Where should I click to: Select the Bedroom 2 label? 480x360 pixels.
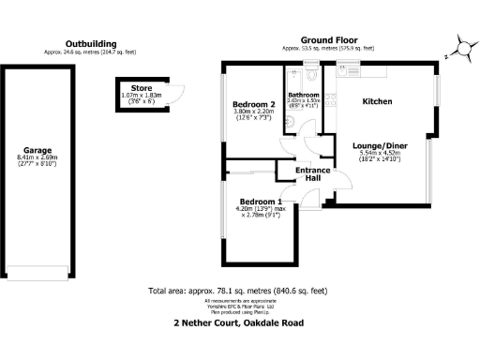coord(253,104)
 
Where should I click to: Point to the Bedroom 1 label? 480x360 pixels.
coord(262,202)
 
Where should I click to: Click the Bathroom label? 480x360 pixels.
coord(305,95)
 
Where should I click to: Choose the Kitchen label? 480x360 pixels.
coord(377,100)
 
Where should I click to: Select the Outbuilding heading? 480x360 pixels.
coord(91,43)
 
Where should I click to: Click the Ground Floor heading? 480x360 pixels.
coord(328,41)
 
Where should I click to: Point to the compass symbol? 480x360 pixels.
coord(458,46)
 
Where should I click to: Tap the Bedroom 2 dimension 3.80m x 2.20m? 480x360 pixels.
coord(253,112)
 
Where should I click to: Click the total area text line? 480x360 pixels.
coord(239,291)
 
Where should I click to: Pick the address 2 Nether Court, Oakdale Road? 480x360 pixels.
coord(239,323)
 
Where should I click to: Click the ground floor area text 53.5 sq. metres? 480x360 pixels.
coord(328,48)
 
